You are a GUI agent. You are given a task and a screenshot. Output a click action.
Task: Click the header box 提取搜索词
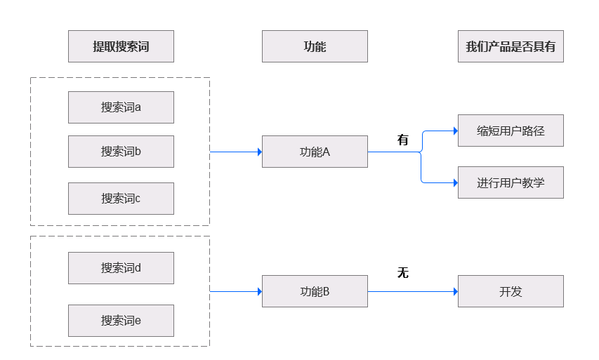point(121,46)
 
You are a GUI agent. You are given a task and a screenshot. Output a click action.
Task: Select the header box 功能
point(315,46)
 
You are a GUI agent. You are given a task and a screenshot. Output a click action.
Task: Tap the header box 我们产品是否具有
point(511,46)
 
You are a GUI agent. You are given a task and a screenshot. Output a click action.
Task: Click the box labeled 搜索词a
point(121,107)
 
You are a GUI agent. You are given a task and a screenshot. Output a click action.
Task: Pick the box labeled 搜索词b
point(121,152)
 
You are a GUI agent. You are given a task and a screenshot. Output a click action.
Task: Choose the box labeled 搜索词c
point(121,199)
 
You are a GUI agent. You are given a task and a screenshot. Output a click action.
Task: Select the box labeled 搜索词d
point(121,268)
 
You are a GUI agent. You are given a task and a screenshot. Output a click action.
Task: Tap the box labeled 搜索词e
point(121,321)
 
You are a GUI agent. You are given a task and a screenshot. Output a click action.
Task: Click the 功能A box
point(315,152)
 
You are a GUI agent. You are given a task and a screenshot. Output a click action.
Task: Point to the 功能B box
point(315,291)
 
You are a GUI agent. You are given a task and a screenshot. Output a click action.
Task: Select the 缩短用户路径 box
point(511,131)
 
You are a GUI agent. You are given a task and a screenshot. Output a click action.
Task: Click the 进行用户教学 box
point(511,182)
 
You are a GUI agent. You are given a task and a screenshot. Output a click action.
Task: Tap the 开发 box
point(511,291)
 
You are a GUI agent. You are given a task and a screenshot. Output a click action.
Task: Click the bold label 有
point(403,140)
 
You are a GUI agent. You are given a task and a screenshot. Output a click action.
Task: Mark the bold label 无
point(403,273)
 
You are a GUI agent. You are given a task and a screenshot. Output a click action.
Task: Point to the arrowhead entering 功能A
point(258,152)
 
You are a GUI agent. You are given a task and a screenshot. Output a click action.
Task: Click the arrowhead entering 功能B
point(258,291)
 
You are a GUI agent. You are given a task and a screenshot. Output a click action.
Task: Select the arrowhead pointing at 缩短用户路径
point(454,131)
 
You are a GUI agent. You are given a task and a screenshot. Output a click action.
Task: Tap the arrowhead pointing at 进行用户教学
point(454,182)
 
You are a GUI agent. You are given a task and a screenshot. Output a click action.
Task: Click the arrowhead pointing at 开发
point(454,291)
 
